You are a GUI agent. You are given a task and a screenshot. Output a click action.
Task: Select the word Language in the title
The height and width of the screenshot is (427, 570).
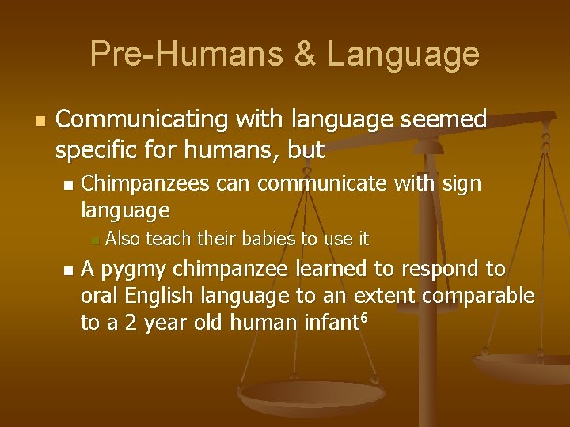pyautogui.click(x=403, y=54)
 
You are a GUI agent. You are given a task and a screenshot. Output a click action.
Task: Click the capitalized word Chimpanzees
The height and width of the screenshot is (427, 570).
pyautogui.click(x=145, y=184)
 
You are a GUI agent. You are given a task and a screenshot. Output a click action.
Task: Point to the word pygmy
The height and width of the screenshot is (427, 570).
pyautogui.click(x=134, y=270)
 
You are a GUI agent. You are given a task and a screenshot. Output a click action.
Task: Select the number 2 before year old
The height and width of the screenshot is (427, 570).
pyautogui.click(x=131, y=323)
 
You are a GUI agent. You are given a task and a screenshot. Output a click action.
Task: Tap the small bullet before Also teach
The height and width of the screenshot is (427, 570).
pyautogui.click(x=93, y=239)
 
